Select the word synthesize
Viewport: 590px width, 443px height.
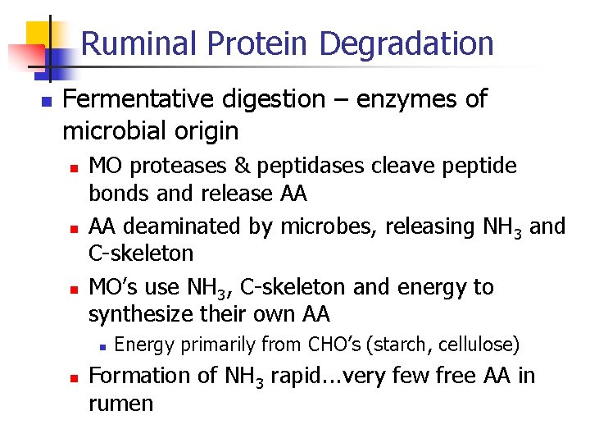coord(135,313)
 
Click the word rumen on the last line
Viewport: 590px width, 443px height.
coord(120,404)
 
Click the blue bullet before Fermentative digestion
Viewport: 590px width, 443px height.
coord(46,102)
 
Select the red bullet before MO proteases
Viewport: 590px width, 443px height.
coord(73,167)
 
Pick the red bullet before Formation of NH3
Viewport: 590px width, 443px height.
coord(73,377)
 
